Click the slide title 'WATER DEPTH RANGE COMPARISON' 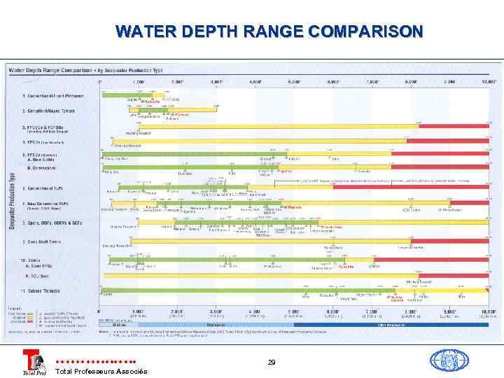pyautogui.click(x=269, y=31)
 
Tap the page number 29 pyautogui.click(x=271, y=362)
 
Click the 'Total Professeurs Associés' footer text pyautogui.click(x=101, y=371)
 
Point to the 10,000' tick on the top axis pyautogui.click(x=489, y=82)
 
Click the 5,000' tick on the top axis pyautogui.click(x=294, y=82)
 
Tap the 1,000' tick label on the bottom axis pyautogui.click(x=138, y=311)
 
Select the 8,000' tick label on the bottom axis pyautogui.click(x=410, y=311)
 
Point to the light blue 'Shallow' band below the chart pyautogui.click(x=118, y=324)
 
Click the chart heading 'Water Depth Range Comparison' pyautogui.click(x=52, y=69)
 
